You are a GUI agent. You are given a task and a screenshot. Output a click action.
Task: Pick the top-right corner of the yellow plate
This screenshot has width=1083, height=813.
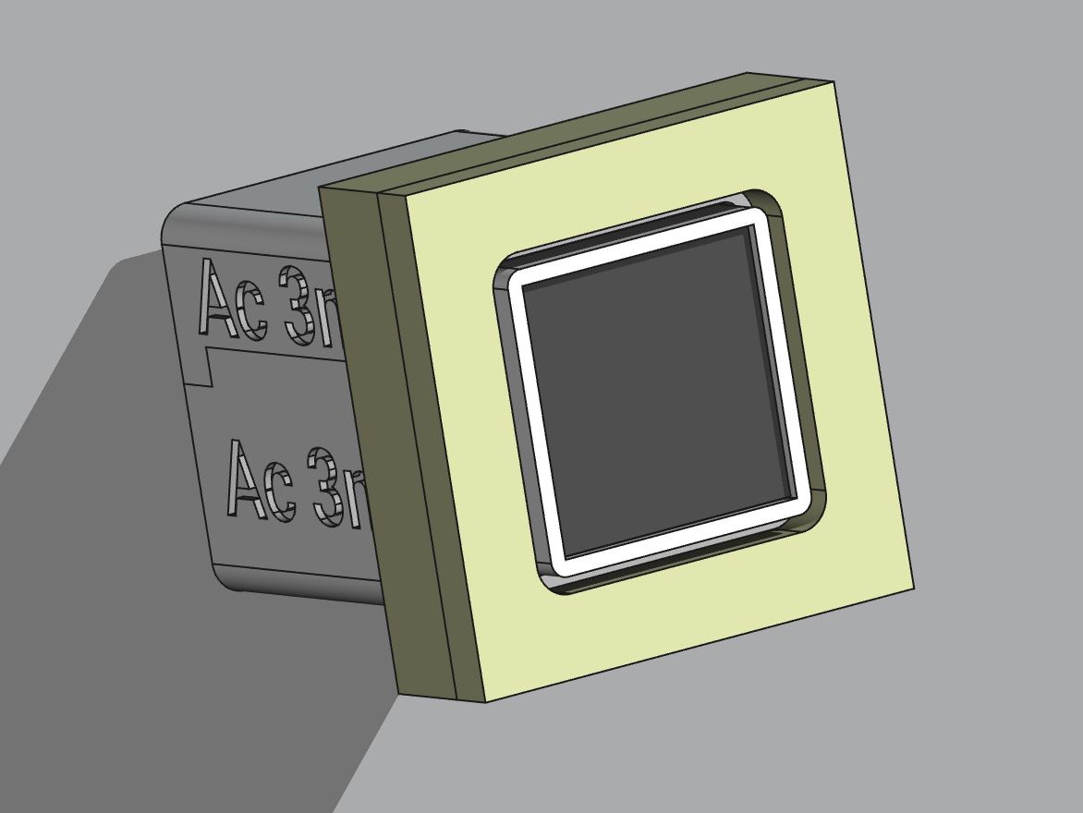pos(834,83)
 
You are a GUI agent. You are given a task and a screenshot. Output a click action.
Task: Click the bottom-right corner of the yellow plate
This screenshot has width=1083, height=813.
pos(913,589)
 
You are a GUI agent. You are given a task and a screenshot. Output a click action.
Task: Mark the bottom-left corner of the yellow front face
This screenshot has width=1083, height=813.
pos(486,700)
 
